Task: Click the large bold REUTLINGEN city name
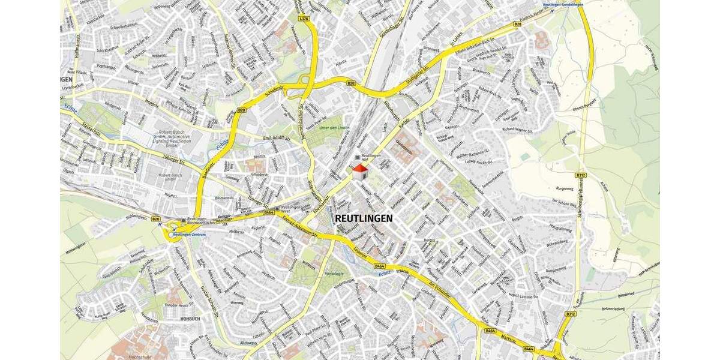[x=364, y=218]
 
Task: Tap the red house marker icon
[x=360, y=172]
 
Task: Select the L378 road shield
[x=304, y=19]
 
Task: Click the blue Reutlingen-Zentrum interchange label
[x=187, y=235]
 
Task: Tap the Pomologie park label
[x=334, y=274]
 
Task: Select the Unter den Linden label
[x=334, y=128]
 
